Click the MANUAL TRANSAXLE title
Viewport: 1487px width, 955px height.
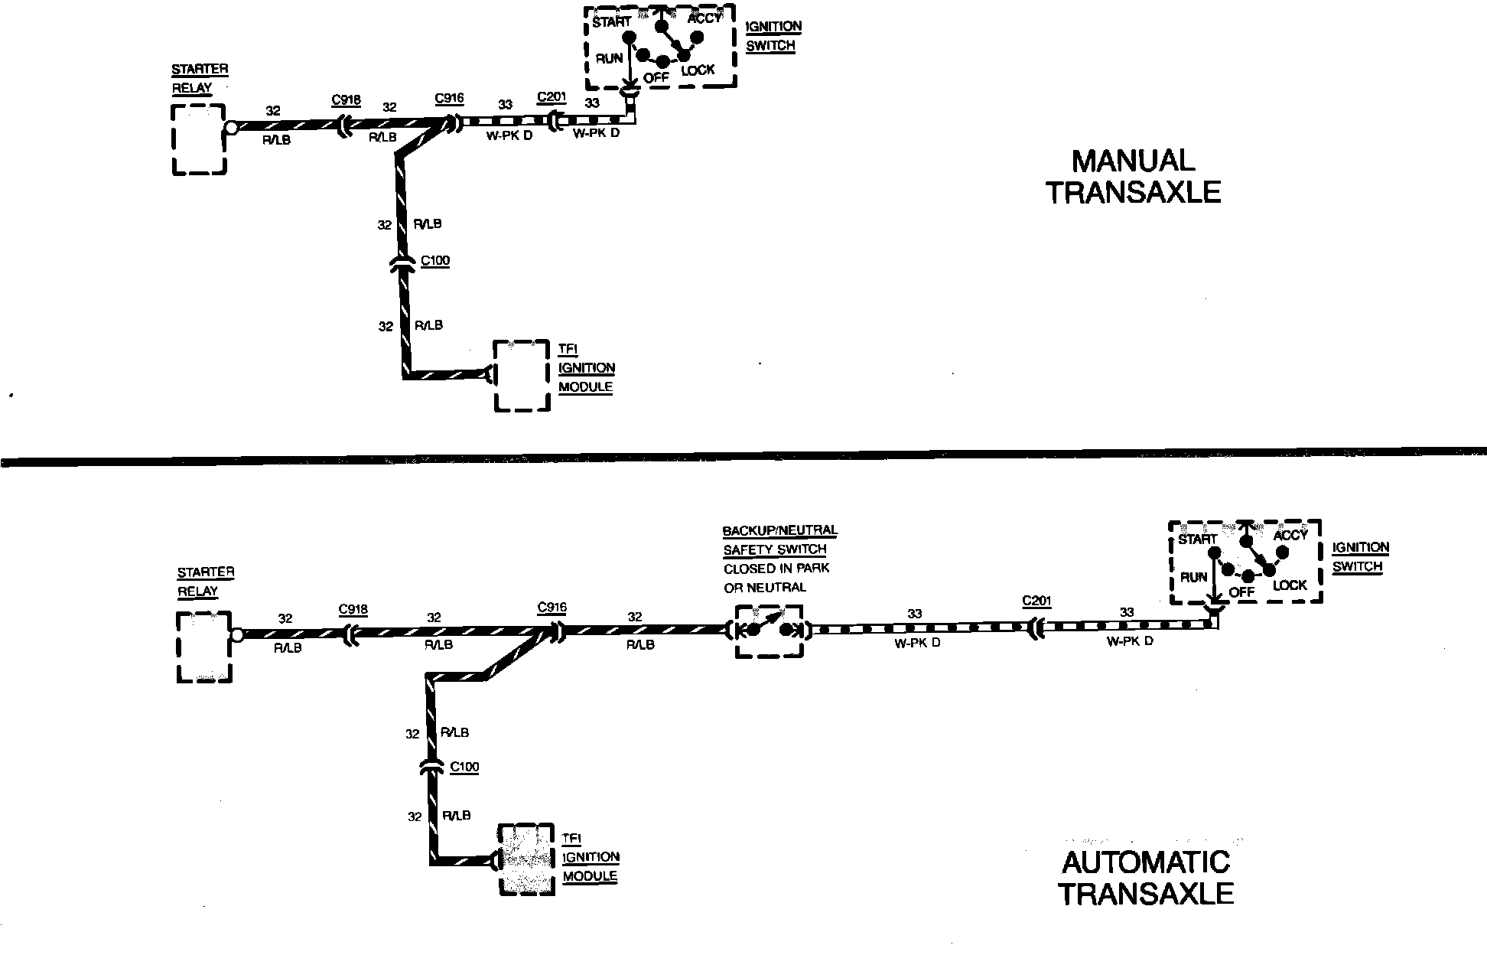[x=1133, y=177]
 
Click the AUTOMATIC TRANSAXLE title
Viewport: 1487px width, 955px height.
[x=1146, y=878]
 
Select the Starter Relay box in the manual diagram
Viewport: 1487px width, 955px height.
[x=199, y=139]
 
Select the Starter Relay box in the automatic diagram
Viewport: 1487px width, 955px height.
[x=204, y=647]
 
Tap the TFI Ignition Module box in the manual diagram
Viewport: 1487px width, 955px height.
[x=522, y=376]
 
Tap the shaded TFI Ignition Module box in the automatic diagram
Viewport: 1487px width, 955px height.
[x=526, y=859]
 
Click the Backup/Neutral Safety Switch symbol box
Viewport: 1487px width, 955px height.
[x=769, y=631]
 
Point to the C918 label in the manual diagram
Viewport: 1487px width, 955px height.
[x=346, y=100]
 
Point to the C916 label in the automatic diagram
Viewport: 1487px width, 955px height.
[x=552, y=608]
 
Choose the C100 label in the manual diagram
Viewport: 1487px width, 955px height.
[x=435, y=261]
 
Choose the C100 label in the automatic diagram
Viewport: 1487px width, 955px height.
[x=464, y=767]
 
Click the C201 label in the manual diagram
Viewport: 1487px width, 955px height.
[x=552, y=97]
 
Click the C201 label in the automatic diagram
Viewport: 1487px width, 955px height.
[x=1036, y=601]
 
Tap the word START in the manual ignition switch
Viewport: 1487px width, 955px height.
[x=611, y=22]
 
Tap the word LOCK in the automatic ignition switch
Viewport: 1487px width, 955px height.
[x=1290, y=585]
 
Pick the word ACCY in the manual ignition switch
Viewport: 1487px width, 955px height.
[x=704, y=18]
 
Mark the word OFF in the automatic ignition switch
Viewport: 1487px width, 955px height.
[x=1241, y=592]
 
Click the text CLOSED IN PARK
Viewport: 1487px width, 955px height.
[x=776, y=569]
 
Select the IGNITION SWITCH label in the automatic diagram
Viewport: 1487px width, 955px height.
[x=1360, y=557]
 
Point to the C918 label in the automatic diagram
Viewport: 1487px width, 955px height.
[x=353, y=610]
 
